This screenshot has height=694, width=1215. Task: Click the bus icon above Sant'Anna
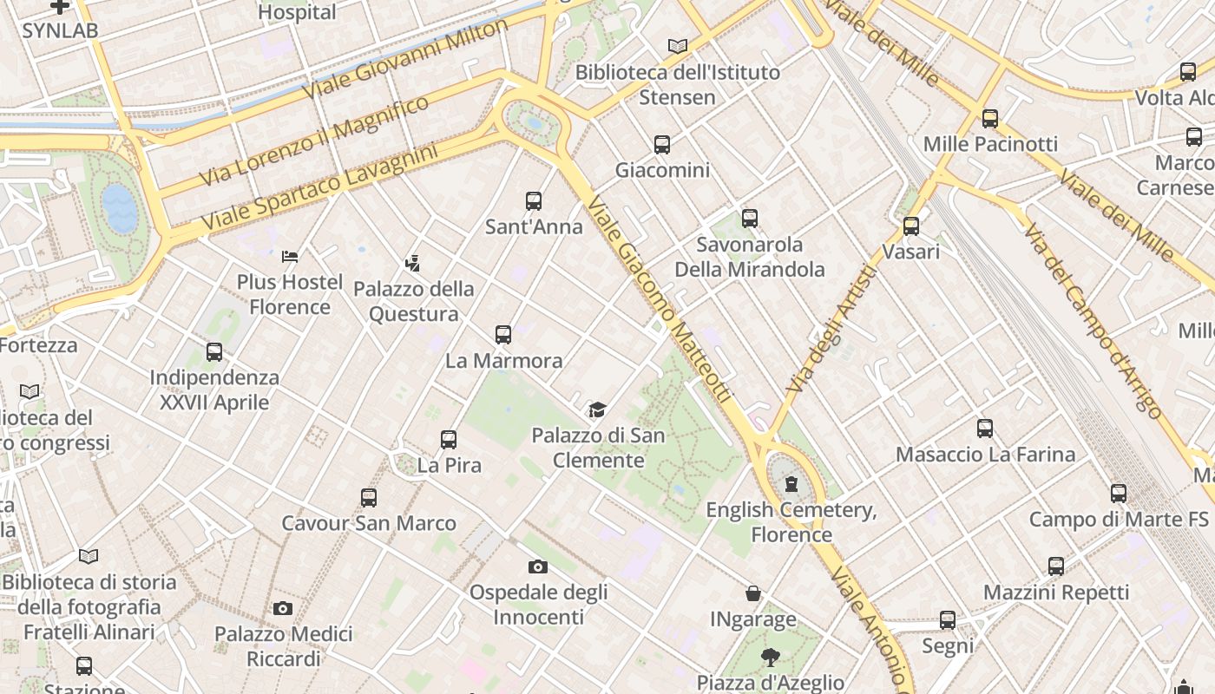534,201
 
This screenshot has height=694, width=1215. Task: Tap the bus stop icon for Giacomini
662,145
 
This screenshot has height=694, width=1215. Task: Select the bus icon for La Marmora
503,335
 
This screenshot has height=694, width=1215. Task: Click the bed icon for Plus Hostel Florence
290,256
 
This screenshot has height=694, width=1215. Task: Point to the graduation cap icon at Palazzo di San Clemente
597,409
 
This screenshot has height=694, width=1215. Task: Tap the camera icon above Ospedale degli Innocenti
538,567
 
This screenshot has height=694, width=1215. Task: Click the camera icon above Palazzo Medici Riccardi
283,609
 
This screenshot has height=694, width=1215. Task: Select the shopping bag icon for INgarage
753,594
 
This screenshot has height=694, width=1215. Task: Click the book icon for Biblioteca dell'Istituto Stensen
678,46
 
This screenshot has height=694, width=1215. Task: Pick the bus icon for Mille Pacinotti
990,119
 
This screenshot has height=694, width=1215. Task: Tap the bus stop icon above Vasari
911,226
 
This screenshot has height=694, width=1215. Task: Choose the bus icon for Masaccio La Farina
985,429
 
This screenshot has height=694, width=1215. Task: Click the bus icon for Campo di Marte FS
1119,494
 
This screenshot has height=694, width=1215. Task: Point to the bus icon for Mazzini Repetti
1056,566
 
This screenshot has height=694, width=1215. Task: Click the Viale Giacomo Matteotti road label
660,299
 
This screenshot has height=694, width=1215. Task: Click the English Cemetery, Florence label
791,521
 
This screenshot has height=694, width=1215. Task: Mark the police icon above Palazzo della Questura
413,263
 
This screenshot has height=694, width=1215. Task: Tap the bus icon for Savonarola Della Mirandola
750,219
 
